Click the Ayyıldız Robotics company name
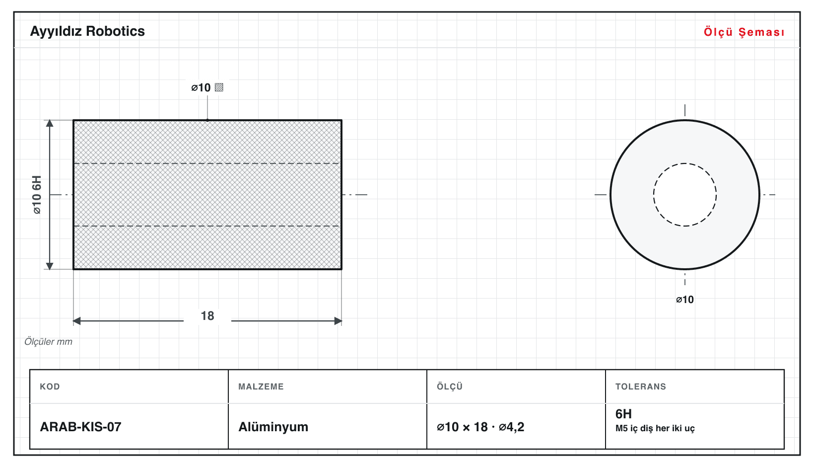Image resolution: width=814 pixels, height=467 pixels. coord(87,31)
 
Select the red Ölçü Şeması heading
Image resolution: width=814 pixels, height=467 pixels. coord(744,32)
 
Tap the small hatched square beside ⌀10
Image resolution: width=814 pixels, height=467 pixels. coord(219,87)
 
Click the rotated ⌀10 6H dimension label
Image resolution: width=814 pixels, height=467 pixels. coord(37,195)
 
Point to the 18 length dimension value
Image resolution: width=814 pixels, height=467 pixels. coord(207,315)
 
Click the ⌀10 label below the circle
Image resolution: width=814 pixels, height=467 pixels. coord(685,300)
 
